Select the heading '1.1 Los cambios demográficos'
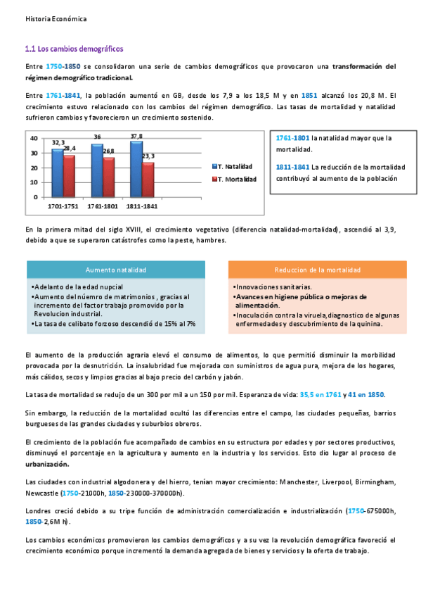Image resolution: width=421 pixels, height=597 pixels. [x=74, y=49]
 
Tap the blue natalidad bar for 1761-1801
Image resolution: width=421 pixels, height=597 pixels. [x=97, y=169]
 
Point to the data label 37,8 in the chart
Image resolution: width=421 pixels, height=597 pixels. [x=136, y=136]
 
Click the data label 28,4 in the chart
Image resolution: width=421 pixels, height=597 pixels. [x=70, y=149]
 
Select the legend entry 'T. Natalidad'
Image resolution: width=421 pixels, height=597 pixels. [x=235, y=166]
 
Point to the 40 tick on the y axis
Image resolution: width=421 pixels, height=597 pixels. [x=34, y=139]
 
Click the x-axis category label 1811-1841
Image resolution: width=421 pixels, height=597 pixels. [x=142, y=207]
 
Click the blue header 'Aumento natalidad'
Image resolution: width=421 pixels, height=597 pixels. [x=115, y=270]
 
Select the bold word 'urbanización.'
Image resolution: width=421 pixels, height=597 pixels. [x=47, y=465]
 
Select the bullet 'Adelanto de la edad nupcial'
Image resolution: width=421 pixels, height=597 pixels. [x=78, y=287]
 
